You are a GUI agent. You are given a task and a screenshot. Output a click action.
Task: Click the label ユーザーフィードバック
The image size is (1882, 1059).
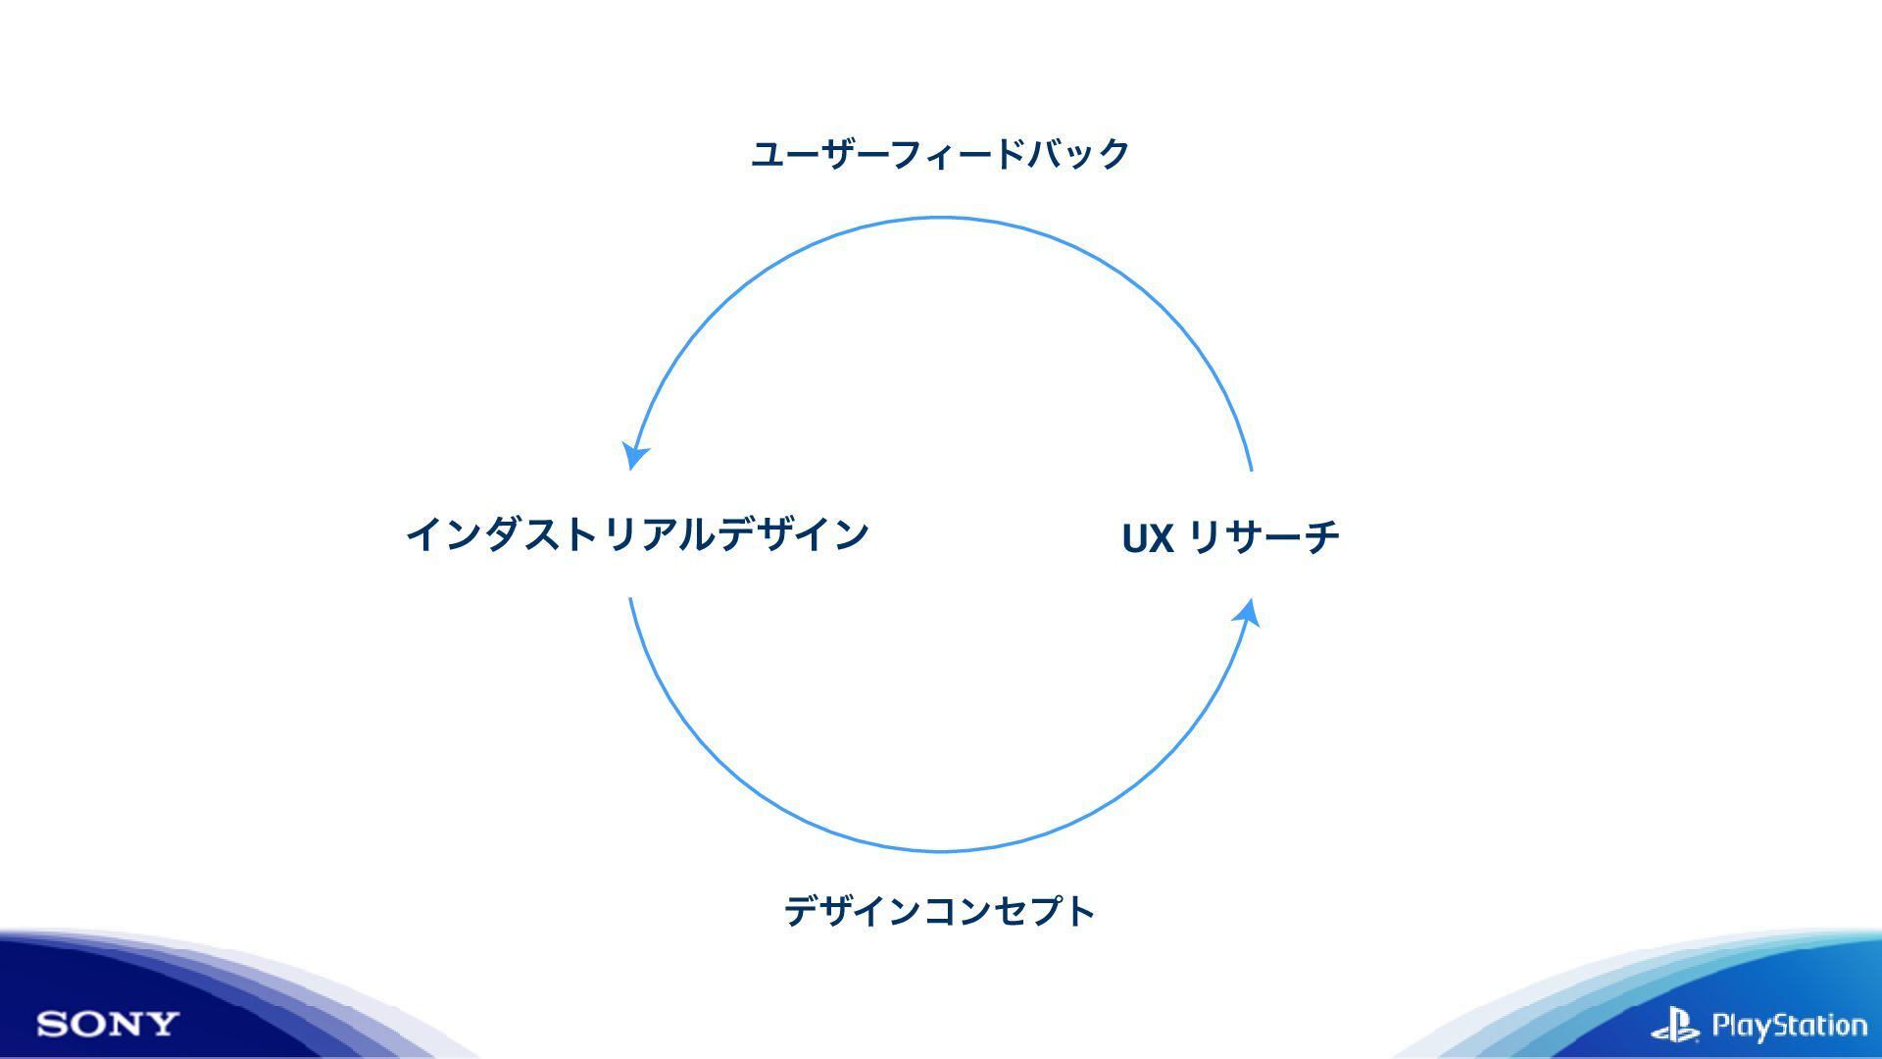click(940, 154)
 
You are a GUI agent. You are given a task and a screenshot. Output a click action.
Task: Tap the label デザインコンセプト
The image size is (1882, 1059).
click(939, 911)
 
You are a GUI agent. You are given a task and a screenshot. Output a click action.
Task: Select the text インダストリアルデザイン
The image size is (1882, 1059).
click(638, 534)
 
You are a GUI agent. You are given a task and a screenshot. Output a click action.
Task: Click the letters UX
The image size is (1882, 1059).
click(1147, 538)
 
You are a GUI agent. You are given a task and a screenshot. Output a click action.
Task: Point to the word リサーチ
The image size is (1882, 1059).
click(1263, 536)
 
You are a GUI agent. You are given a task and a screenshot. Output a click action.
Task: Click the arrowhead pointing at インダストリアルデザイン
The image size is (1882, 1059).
click(635, 456)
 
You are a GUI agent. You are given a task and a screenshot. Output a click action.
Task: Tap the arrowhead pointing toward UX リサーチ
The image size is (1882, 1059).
click(1248, 614)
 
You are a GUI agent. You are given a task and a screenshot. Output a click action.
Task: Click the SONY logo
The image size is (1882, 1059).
click(108, 1025)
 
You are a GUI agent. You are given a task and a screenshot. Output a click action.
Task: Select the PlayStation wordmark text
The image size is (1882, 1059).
click(1789, 1026)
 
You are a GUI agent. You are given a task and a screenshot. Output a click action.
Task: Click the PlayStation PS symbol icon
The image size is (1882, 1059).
click(1675, 1026)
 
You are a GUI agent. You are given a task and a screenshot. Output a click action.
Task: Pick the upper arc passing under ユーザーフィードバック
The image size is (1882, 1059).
click(940, 219)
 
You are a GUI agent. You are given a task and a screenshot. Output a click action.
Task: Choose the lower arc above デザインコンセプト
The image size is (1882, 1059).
click(940, 850)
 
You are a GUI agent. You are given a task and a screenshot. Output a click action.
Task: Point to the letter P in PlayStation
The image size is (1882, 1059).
click(1722, 1026)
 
